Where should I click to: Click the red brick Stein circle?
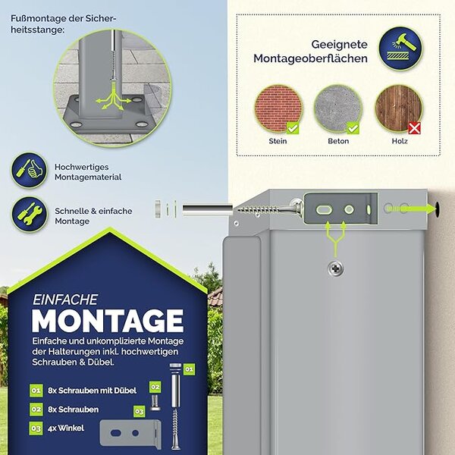tap(278, 108)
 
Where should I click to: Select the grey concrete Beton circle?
tap(338, 108)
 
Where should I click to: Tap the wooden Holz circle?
tap(399, 108)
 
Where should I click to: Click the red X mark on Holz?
tap(414, 128)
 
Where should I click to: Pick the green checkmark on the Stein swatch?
tap(293, 128)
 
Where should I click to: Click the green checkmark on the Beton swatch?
tap(353, 128)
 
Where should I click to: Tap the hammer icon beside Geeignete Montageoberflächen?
tap(400, 49)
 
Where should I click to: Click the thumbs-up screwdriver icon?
tap(30, 170)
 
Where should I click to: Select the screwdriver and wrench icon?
tap(30, 215)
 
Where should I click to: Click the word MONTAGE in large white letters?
tap(108, 321)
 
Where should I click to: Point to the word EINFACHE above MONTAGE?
tap(65, 300)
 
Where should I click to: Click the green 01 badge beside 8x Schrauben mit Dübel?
tap(36, 391)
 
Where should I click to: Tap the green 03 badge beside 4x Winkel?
tap(36, 428)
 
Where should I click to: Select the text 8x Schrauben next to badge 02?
tap(74, 409)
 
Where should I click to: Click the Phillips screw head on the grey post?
tap(336, 269)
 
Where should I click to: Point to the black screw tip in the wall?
tap(437, 209)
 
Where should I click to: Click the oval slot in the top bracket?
tap(324, 209)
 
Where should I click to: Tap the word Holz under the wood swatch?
tap(400, 141)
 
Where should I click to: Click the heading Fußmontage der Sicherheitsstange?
tap(64, 24)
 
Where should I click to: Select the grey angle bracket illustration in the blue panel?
tap(130, 434)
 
